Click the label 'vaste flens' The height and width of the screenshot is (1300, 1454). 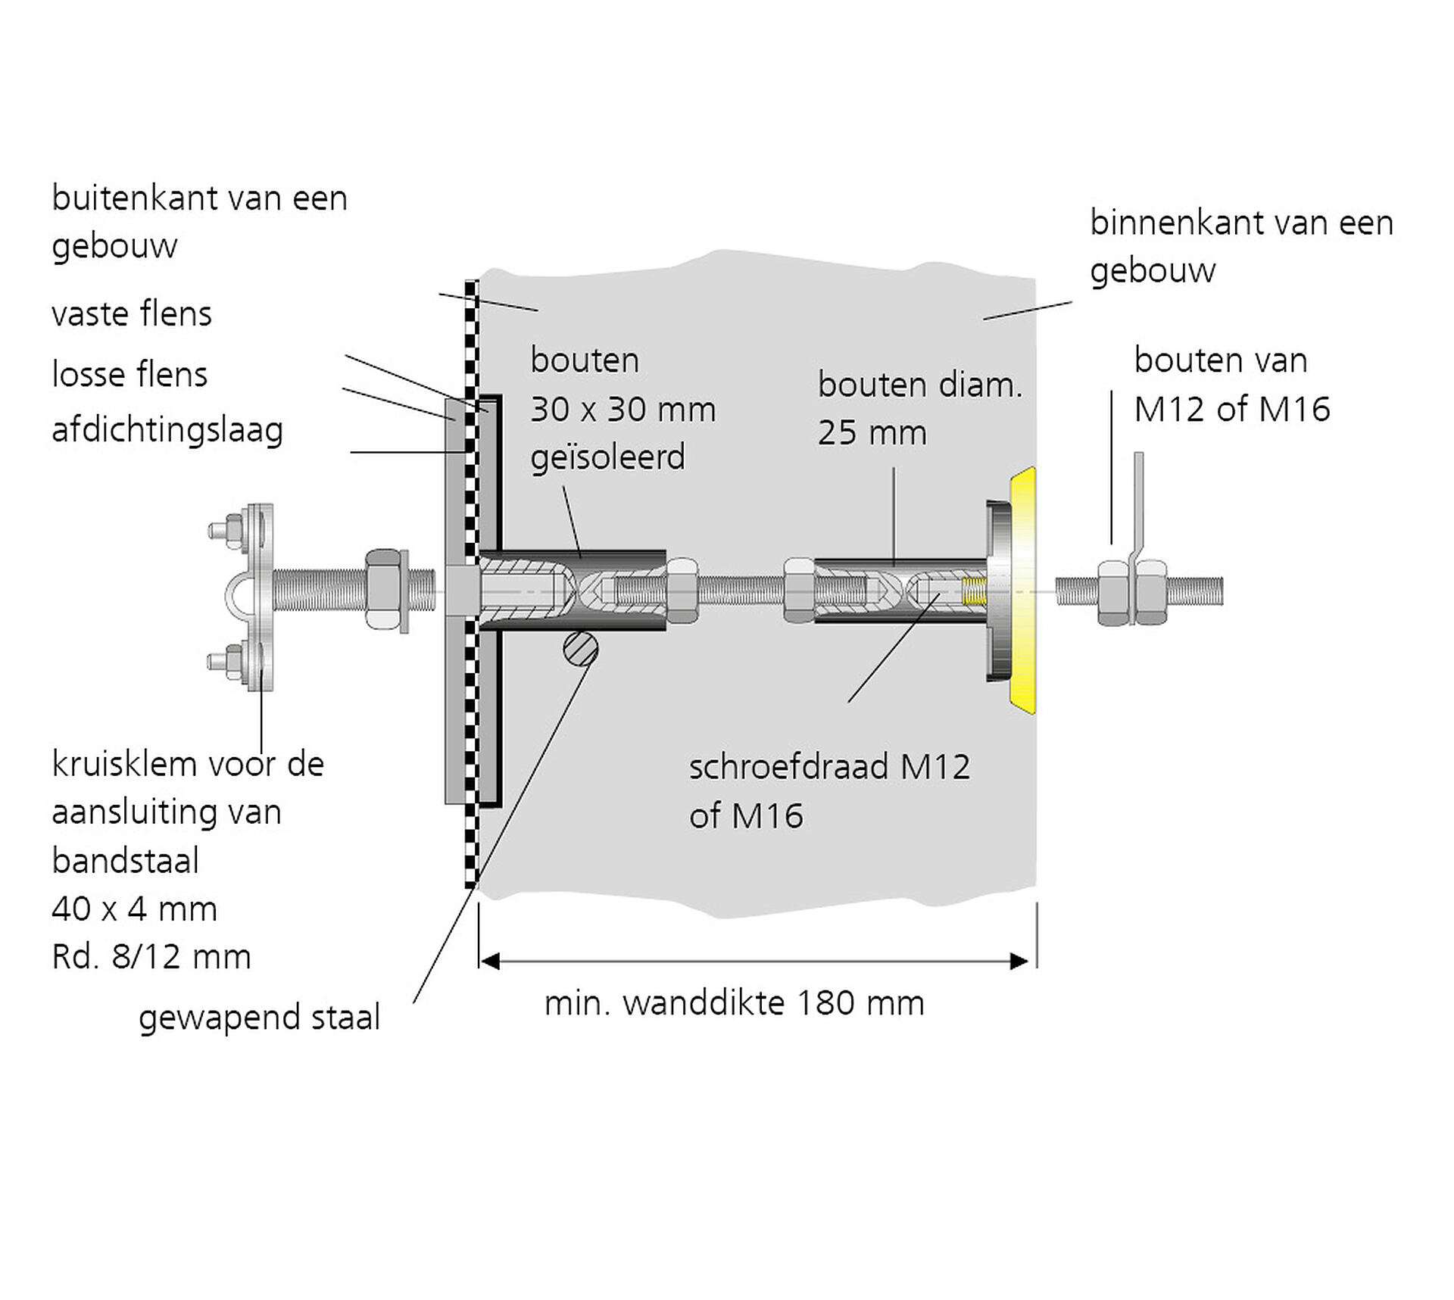tap(132, 314)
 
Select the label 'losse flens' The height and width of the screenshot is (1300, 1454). tap(129, 375)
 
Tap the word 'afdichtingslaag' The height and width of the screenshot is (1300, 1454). tap(167, 431)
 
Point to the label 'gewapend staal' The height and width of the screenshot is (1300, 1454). tap(259, 1018)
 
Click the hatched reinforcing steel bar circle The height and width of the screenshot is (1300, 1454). tap(581, 650)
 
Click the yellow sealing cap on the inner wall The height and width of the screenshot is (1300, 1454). tap(1024, 591)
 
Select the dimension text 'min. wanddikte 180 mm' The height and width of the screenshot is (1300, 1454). tap(734, 1004)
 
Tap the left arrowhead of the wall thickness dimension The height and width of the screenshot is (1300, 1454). tap(490, 962)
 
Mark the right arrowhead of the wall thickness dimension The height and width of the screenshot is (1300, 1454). tap(1019, 962)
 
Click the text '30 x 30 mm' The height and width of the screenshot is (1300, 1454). tap(622, 410)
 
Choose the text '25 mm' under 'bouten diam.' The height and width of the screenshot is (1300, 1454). tap(872, 433)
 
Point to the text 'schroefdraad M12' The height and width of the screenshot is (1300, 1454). tap(829, 768)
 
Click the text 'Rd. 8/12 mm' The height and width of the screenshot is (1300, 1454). tap(151, 957)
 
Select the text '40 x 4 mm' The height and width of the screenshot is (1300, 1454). tap(134, 909)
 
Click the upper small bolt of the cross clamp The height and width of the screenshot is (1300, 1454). tap(227, 528)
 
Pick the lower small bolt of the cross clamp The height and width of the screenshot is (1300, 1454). tap(227, 661)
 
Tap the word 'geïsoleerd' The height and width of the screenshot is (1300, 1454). tap(607, 458)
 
